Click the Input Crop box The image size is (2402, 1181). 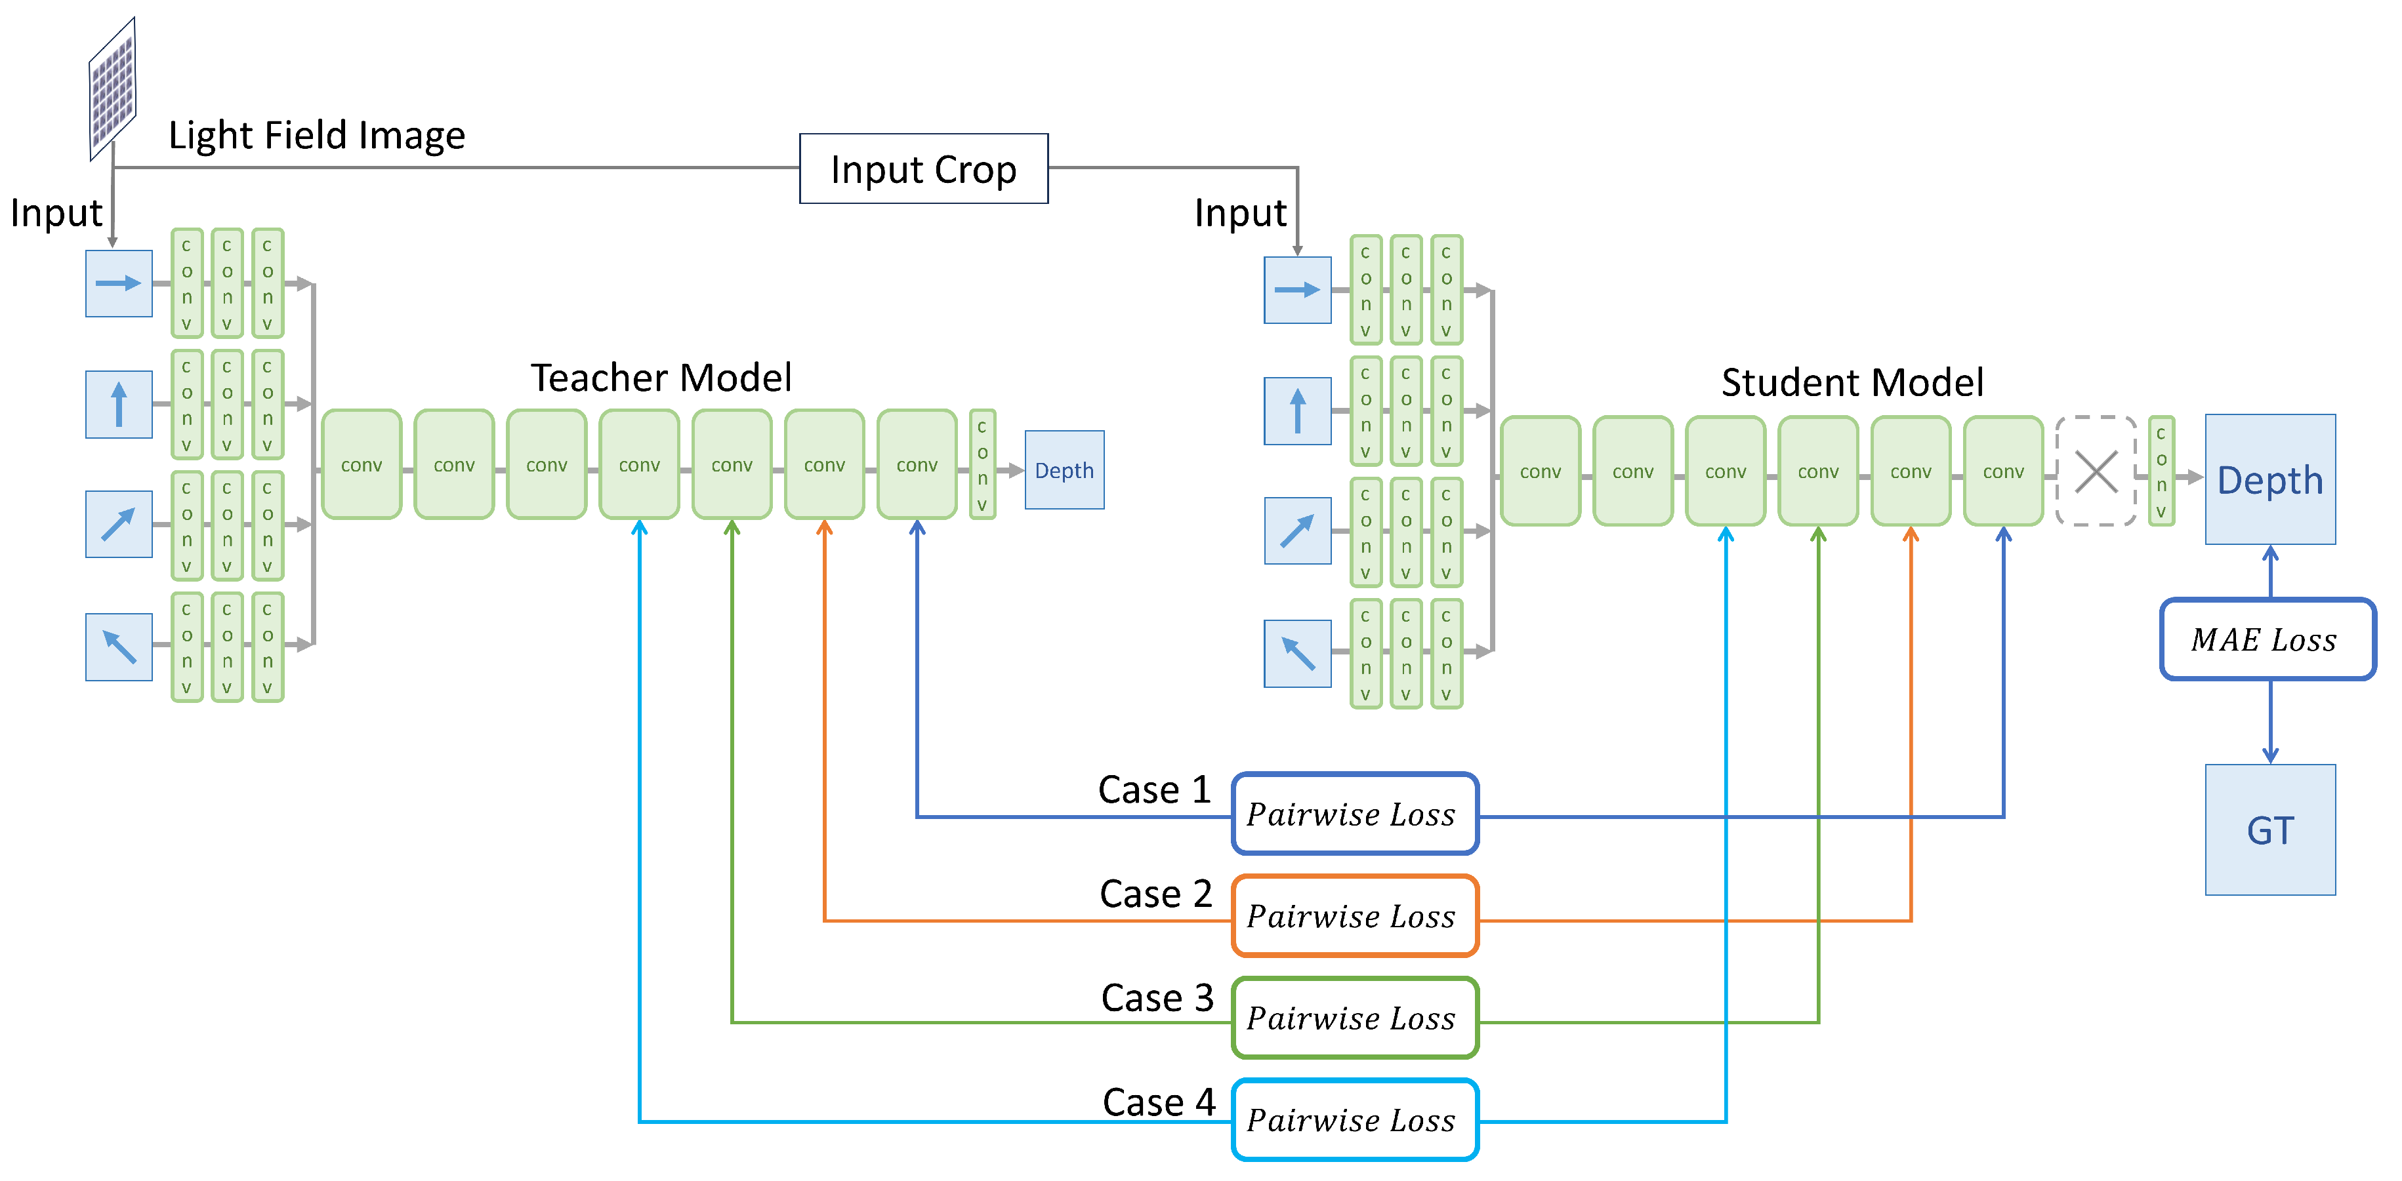[x=923, y=169]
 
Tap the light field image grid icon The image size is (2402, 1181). [x=113, y=89]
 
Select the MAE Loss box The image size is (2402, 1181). [x=2267, y=639]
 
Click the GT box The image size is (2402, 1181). [x=2269, y=830]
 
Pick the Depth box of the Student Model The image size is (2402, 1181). [x=2269, y=479]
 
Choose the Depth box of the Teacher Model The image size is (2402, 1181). [x=1064, y=470]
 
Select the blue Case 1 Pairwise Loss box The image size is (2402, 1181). [x=1354, y=814]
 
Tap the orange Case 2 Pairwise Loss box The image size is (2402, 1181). [x=1354, y=916]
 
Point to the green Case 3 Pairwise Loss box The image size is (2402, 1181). [x=1354, y=1018]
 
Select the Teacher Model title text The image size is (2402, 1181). [x=661, y=378]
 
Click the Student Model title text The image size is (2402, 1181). [x=1852, y=382]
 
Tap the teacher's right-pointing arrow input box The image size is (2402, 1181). [x=118, y=283]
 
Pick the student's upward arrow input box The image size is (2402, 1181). [x=1297, y=411]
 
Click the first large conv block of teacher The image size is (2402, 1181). [x=361, y=464]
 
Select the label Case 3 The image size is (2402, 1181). [x=1157, y=997]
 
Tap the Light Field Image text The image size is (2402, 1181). [x=316, y=135]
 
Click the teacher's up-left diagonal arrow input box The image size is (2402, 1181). [x=118, y=647]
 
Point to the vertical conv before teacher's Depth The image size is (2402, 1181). [x=982, y=464]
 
